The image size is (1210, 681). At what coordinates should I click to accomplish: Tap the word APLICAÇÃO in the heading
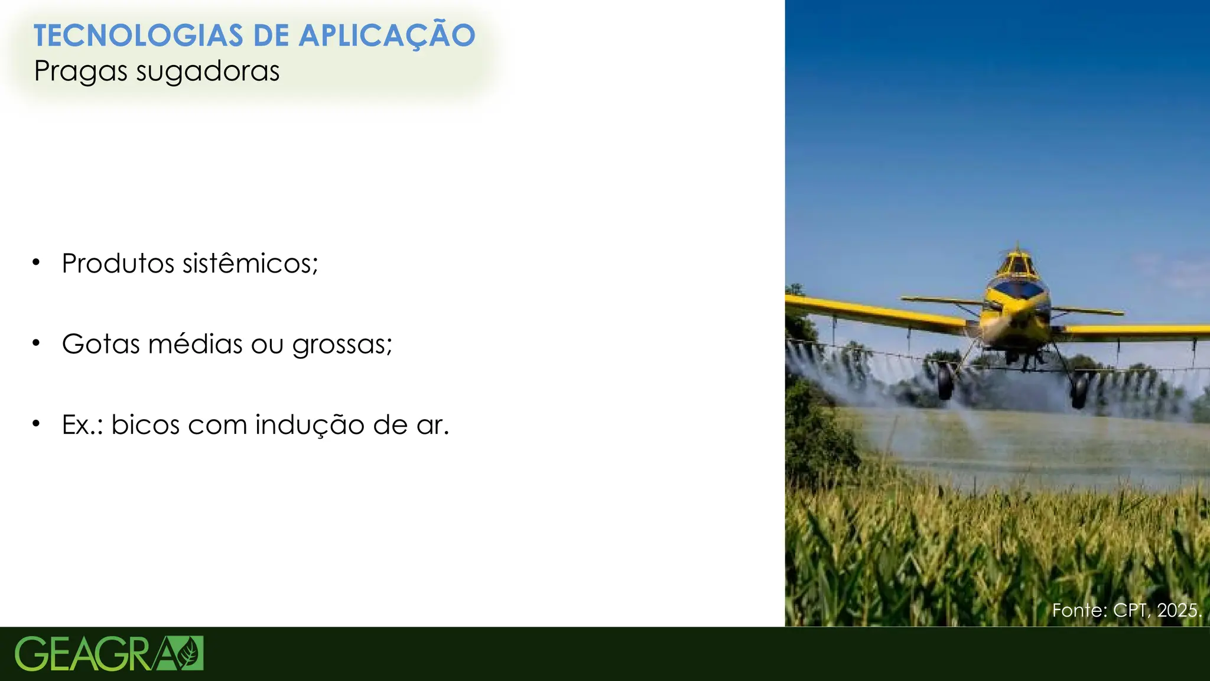point(386,35)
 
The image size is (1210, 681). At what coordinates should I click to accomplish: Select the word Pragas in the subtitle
point(81,72)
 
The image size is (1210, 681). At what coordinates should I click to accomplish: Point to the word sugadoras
point(207,72)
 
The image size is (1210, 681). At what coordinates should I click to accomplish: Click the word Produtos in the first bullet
point(118,264)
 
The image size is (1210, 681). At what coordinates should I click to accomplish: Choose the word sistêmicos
point(250,264)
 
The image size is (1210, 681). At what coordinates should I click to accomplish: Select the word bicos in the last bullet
point(145,424)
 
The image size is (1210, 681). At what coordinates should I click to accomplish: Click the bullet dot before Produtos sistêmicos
point(36,262)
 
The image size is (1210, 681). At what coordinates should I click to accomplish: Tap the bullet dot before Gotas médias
point(36,342)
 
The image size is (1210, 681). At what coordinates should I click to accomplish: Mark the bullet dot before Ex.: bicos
point(36,423)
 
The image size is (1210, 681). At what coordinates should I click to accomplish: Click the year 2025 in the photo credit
point(1179,610)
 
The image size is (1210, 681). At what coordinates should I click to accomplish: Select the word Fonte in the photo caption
point(1079,610)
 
